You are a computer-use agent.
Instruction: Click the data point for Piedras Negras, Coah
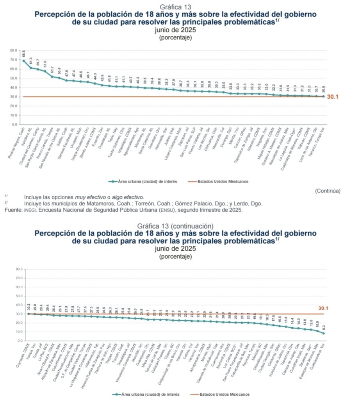(24, 61)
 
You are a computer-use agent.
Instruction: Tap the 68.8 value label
(24, 54)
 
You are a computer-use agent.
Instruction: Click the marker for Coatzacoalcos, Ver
(324, 333)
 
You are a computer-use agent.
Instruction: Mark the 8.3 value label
(324, 327)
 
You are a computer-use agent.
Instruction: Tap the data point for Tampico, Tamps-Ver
(324, 96)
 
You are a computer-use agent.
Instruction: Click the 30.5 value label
(324, 89)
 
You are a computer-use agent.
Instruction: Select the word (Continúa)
(328, 191)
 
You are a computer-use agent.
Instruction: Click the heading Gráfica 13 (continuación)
(175, 226)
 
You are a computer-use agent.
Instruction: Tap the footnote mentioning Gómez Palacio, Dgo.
(143, 204)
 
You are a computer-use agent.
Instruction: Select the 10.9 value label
(317, 324)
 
